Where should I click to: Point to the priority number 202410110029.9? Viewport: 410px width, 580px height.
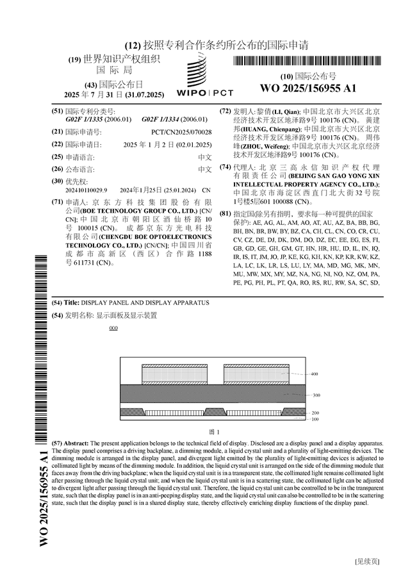87,191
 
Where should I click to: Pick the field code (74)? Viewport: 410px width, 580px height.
225,167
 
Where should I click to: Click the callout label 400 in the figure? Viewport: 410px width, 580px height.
315,374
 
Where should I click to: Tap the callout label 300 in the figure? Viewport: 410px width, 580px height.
316,395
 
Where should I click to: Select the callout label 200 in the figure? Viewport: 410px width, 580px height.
315,413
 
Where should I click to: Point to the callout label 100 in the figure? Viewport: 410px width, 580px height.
315,419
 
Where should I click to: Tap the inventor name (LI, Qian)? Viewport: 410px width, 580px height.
277,112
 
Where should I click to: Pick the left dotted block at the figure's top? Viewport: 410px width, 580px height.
174,374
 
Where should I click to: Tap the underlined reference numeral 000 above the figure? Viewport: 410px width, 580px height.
113,329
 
